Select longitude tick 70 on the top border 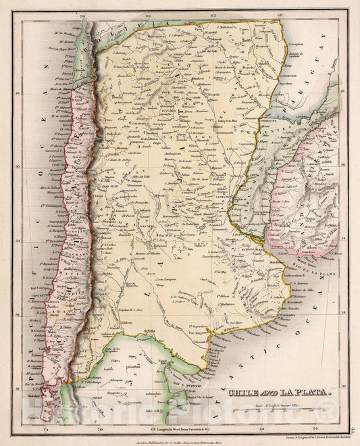click(82, 14)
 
